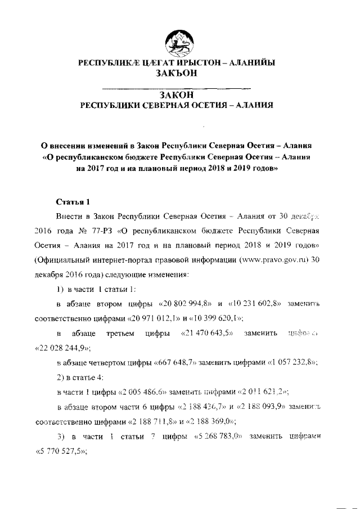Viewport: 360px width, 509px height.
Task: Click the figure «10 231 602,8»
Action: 256,304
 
